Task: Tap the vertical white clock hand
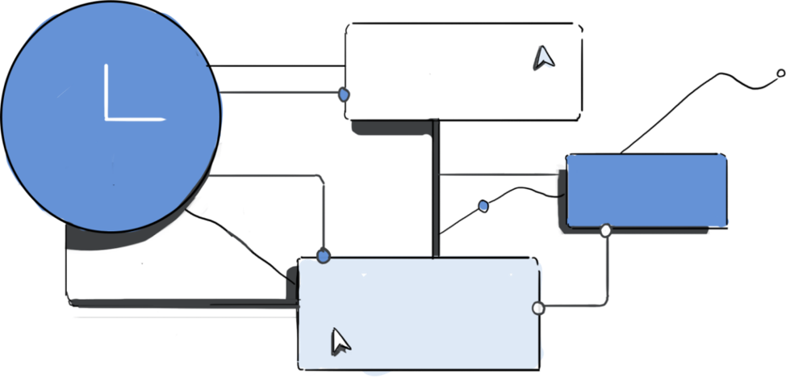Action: click(x=107, y=89)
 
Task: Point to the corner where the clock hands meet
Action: click(x=107, y=120)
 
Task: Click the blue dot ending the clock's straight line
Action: click(x=344, y=94)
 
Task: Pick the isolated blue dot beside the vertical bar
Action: click(x=483, y=206)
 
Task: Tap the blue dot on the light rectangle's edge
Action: click(x=324, y=256)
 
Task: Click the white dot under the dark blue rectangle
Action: click(x=606, y=231)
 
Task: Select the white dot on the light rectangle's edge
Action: click(x=538, y=308)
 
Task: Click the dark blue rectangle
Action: click(x=646, y=191)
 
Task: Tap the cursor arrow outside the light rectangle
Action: click(x=543, y=57)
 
